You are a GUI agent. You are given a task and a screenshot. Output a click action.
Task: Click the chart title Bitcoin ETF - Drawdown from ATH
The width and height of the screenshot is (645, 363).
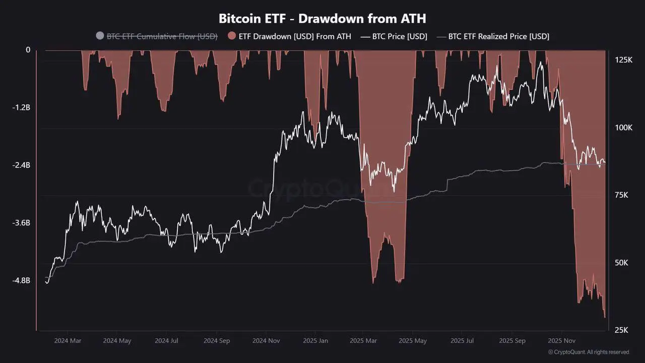(x=322, y=19)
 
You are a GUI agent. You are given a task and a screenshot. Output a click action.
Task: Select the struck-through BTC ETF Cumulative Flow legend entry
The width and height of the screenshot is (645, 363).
(x=161, y=36)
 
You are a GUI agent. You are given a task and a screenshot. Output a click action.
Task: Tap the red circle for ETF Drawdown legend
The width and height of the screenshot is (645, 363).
(x=232, y=36)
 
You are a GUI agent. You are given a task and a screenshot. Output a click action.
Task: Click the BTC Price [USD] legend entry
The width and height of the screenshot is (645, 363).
(x=399, y=36)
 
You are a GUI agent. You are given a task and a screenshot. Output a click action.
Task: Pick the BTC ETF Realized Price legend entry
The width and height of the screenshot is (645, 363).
(x=498, y=36)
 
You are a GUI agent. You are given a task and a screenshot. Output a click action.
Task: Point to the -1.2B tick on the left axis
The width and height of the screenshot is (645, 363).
(x=22, y=107)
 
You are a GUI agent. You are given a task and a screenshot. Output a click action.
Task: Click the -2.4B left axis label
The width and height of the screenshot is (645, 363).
(x=22, y=165)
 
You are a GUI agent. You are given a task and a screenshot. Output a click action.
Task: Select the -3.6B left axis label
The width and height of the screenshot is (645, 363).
(x=22, y=222)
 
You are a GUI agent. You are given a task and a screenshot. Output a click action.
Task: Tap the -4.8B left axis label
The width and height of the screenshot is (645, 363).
(x=22, y=280)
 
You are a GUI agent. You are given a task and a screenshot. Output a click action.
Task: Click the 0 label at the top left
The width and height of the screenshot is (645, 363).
(x=28, y=50)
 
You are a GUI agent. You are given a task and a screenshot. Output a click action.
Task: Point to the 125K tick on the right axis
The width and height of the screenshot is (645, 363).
(x=623, y=60)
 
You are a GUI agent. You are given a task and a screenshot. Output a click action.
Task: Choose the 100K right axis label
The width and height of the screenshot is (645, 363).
(x=623, y=128)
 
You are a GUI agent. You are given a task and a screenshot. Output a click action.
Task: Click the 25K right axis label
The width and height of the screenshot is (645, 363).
(x=621, y=330)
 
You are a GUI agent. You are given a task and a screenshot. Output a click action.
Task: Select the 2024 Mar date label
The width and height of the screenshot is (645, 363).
(x=68, y=341)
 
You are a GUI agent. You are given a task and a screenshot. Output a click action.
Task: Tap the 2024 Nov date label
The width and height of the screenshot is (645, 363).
(x=266, y=341)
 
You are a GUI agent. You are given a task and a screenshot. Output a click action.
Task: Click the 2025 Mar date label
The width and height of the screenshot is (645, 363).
(x=363, y=341)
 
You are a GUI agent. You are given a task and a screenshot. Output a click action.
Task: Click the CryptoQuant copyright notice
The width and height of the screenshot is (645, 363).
(x=589, y=352)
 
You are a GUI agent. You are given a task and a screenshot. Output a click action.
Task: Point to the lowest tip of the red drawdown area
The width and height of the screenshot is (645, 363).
(x=605, y=318)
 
